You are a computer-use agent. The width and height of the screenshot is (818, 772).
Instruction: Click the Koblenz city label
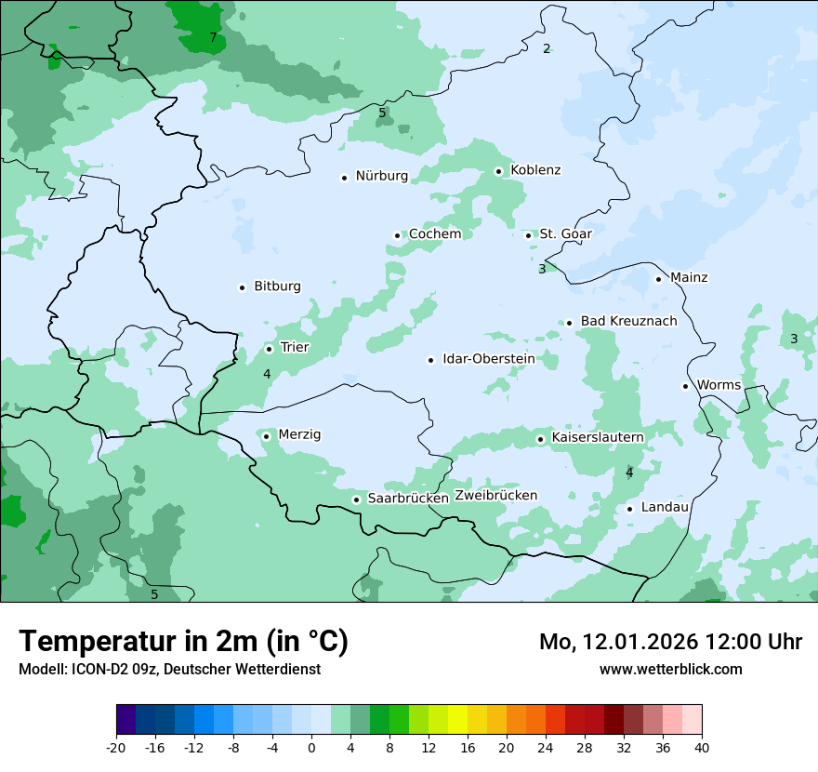535,170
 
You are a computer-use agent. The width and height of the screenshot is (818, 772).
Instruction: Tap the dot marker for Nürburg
344,177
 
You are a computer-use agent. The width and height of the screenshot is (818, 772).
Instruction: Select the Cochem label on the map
435,234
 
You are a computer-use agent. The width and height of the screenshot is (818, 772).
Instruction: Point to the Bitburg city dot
242,287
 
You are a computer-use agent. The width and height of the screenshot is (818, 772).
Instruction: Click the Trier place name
295,348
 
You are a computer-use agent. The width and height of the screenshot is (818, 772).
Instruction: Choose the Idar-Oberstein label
489,359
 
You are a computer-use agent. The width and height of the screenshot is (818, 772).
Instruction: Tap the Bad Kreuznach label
628,322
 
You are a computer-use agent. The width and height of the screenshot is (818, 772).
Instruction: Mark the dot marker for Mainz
658,279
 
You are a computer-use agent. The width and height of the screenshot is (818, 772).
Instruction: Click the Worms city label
719,385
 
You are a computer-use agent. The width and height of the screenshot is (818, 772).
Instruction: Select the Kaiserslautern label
598,437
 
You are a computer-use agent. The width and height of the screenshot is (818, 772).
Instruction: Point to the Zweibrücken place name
495,496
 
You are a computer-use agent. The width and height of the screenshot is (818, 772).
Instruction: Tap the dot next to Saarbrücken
356,499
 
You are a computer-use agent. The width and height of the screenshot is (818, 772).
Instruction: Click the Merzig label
299,435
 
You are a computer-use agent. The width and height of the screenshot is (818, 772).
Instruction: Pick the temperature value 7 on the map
213,38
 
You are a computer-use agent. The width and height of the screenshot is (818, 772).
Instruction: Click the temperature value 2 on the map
547,48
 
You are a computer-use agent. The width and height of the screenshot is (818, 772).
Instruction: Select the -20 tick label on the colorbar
116,747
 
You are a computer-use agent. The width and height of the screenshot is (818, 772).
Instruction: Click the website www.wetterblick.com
670,670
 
